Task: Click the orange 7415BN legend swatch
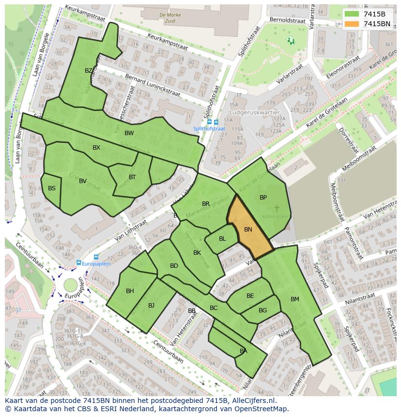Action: click(352, 24)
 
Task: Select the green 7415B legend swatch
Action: click(352, 14)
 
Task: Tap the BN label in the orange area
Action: click(248, 230)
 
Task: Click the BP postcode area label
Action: click(263, 198)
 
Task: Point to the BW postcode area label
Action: click(129, 133)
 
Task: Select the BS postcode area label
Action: click(51, 188)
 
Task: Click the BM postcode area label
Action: click(294, 299)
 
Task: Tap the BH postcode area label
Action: click(130, 291)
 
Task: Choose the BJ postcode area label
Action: click(151, 305)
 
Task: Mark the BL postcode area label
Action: click(222, 239)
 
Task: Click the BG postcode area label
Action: click(262, 310)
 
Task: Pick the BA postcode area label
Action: click(243, 351)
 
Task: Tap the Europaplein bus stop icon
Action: click(78, 263)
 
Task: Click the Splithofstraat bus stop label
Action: click(209, 129)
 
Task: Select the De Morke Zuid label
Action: click(170, 18)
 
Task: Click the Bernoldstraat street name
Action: click(287, 21)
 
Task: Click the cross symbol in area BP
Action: click(277, 208)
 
